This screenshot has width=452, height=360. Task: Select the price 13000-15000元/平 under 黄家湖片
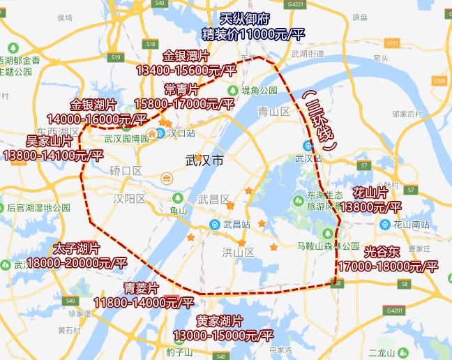tap(225, 336)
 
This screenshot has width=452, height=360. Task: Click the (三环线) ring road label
tap(322, 121)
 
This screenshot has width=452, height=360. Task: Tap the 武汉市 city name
tap(206, 161)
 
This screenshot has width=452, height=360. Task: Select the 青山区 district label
tap(273, 111)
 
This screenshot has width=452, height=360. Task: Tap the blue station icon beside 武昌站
tap(216, 225)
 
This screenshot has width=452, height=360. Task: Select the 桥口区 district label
tap(126, 170)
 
